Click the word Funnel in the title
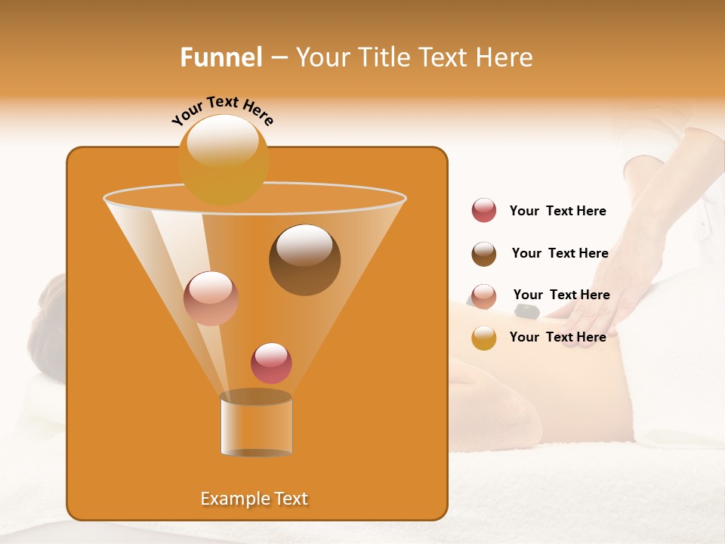(x=221, y=57)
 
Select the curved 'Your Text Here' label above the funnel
(x=222, y=110)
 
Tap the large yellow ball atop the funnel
(x=224, y=159)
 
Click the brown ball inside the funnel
(x=304, y=259)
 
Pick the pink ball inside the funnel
(x=211, y=298)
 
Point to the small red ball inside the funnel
(x=271, y=363)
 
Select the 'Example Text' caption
(x=254, y=499)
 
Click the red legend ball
(x=484, y=211)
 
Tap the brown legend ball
(x=484, y=254)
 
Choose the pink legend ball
(x=484, y=295)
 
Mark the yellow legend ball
(x=484, y=338)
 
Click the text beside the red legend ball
(x=557, y=212)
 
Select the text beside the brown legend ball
(x=560, y=253)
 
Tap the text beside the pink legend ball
(x=561, y=295)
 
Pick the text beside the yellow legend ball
(x=557, y=337)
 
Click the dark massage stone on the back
(x=527, y=311)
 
